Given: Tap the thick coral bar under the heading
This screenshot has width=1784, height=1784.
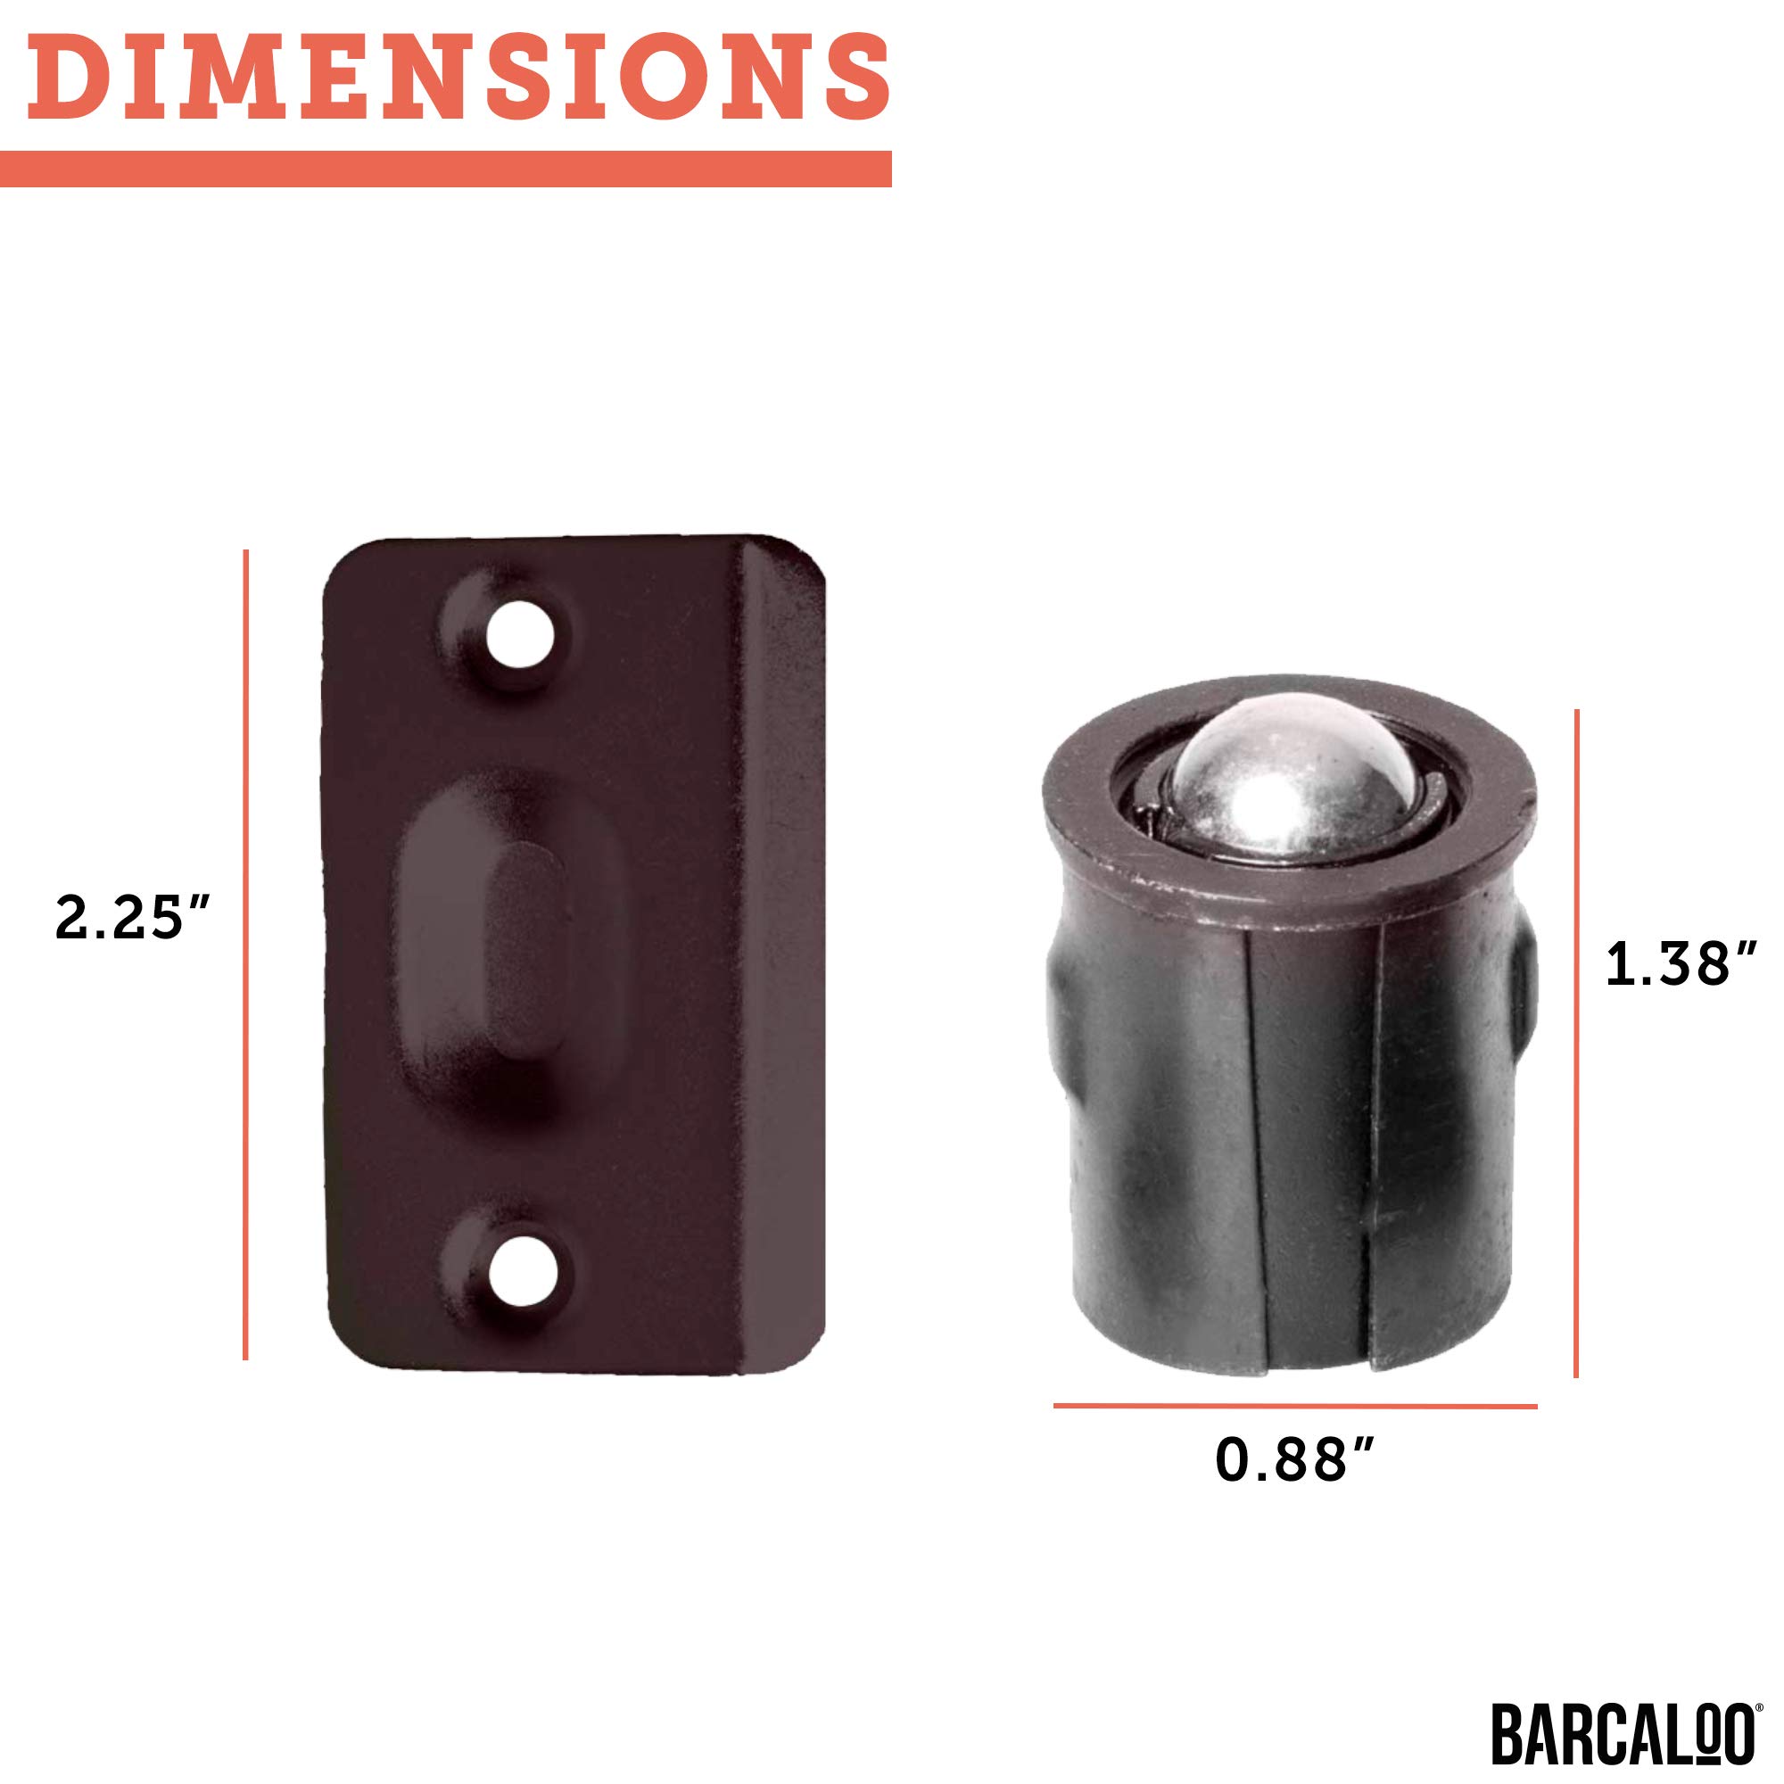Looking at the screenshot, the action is tap(446, 169).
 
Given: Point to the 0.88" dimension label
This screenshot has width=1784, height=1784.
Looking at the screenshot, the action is tap(1295, 1460).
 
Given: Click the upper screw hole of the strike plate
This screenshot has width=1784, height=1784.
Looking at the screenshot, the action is tap(520, 635).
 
